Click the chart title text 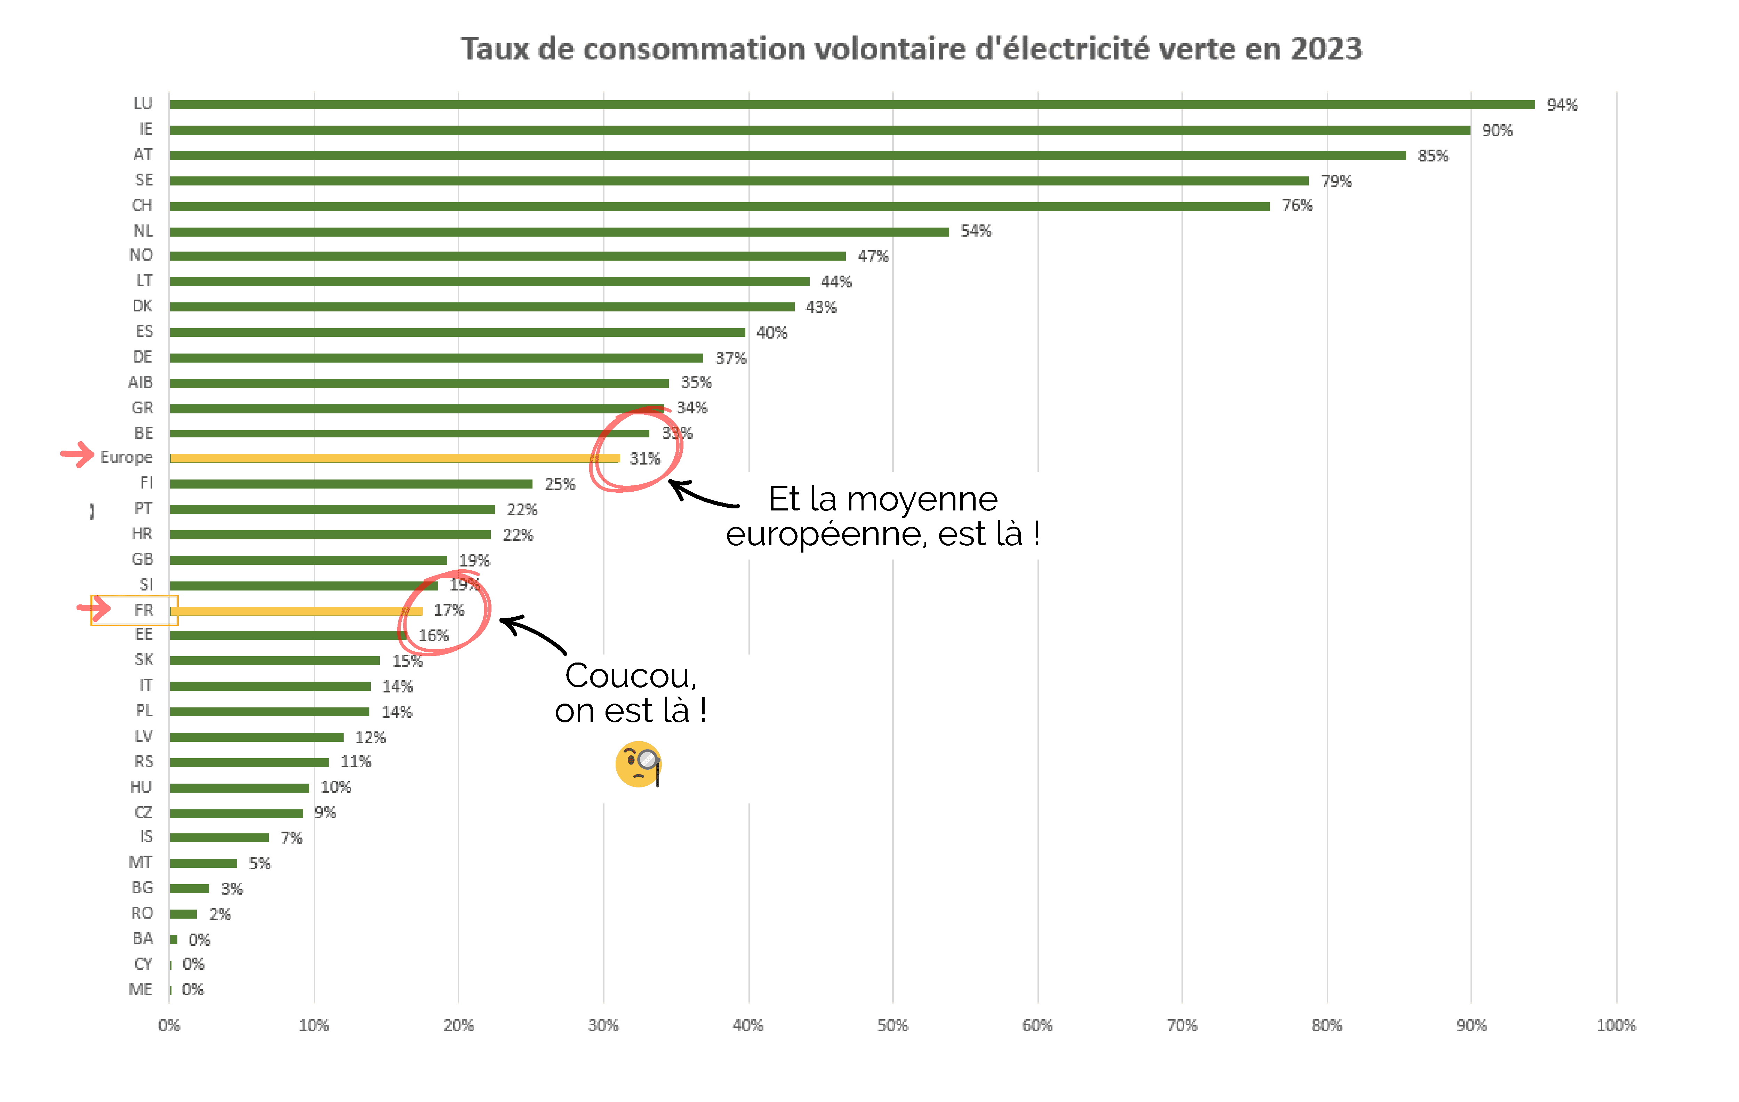(x=911, y=49)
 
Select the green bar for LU (x=852, y=105)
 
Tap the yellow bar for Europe (x=394, y=458)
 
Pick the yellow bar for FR (x=296, y=611)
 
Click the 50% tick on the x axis (x=892, y=1025)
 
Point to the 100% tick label (x=1616, y=1025)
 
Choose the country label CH (x=142, y=206)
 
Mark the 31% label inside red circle (x=644, y=459)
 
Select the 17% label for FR (x=448, y=611)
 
